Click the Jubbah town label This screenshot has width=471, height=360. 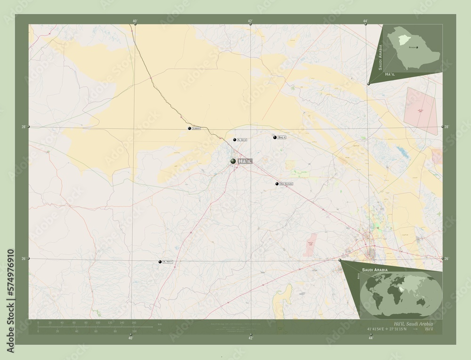[x=197, y=128]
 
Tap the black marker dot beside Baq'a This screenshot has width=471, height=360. [x=274, y=137]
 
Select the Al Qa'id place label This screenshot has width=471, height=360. [x=242, y=140]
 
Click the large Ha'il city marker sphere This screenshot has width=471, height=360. [x=233, y=161]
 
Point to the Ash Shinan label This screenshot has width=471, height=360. [x=286, y=184]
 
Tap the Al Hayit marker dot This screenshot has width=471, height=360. [x=160, y=262]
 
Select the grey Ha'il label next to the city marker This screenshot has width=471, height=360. [x=246, y=161]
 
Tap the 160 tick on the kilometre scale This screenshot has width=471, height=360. [x=134, y=323]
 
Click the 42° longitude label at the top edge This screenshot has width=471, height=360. [x=250, y=21]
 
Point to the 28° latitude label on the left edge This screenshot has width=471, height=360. [x=24, y=127]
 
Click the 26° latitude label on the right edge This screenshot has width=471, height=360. [x=447, y=259]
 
